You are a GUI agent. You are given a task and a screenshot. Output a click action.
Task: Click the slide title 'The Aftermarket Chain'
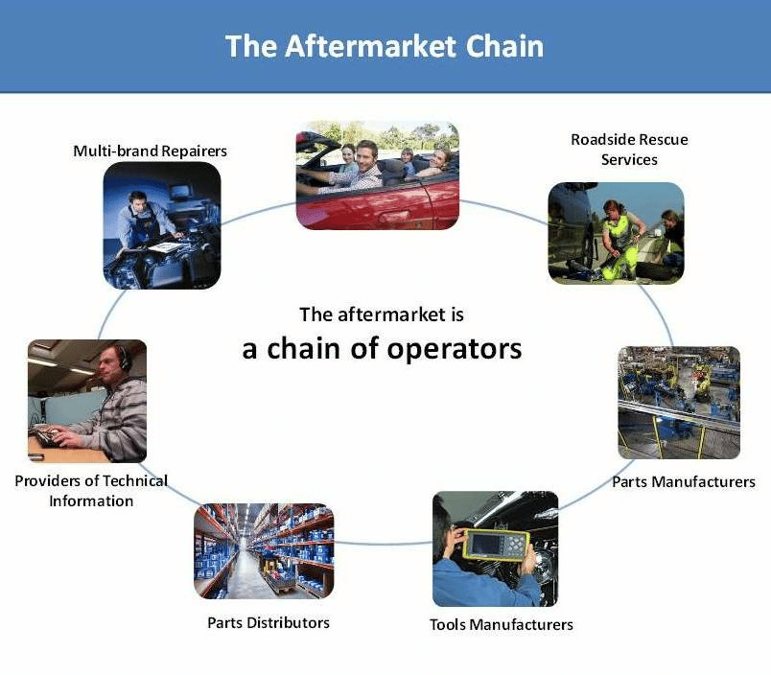(x=385, y=46)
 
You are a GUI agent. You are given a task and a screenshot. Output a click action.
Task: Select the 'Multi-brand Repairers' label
(x=150, y=151)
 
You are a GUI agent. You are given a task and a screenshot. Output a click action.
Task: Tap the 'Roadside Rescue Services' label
(x=629, y=150)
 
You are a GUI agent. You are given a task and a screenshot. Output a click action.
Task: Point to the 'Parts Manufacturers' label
(x=684, y=481)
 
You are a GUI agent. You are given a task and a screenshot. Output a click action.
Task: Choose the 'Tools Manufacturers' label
(x=502, y=624)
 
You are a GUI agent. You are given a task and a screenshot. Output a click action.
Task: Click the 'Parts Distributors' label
(x=269, y=623)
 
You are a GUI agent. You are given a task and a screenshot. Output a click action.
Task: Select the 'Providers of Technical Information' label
(x=91, y=491)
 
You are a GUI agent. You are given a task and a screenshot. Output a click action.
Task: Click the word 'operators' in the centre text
(x=454, y=350)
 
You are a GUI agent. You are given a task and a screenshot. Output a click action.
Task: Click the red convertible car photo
(x=378, y=175)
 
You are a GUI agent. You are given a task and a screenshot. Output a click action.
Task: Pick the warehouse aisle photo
(x=264, y=551)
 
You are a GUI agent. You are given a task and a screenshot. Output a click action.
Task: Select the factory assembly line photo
(x=679, y=403)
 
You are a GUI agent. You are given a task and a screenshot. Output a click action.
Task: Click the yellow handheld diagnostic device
(x=496, y=545)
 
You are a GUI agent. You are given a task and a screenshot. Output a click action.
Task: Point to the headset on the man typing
(x=123, y=358)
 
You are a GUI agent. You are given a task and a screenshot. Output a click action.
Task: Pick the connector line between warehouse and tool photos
(x=384, y=544)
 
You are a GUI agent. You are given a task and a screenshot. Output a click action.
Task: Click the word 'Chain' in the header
(x=504, y=46)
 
